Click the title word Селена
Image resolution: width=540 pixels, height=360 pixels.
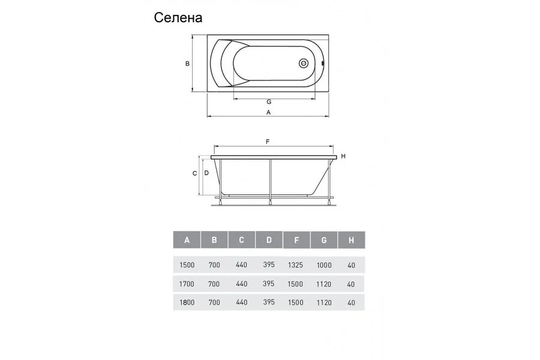pyautogui.click(x=178, y=17)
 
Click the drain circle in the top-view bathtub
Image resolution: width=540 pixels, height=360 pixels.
pyautogui.click(x=304, y=64)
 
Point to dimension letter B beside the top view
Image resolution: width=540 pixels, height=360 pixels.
pyautogui.click(x=187, y=64)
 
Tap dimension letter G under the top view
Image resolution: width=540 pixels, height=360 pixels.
pyautogui.click(x=269, y=101)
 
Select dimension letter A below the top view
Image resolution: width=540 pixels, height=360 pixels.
pyautogui.click(x=269, y=112)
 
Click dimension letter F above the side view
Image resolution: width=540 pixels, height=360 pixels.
pyautogui.click(x=268, y=142)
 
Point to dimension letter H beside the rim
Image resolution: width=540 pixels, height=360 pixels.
pyautogui.click(x=343, y=156)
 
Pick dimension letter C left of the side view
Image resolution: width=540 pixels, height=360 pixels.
pyautogui.click(x=194, y=173)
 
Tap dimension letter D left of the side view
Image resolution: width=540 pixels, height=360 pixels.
pyautogui.click(x=206, y=173)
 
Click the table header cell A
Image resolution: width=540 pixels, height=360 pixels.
pyautogui.click(x=187, y=240)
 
